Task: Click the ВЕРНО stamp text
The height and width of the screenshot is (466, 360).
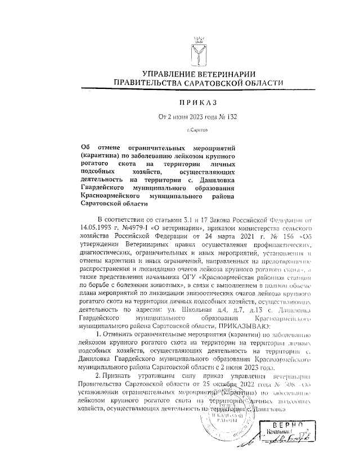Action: point(287,425)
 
